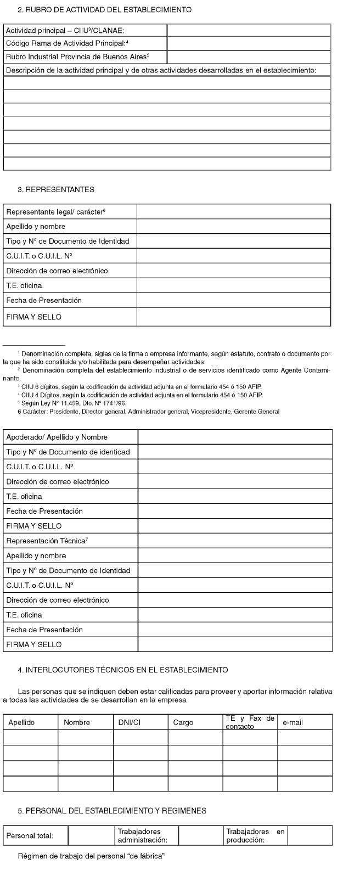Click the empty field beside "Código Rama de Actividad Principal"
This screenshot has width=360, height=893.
click(249, 43)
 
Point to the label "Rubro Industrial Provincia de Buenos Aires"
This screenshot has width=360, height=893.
click(77, 57)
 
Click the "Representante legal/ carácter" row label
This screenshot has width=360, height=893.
click(55, 212)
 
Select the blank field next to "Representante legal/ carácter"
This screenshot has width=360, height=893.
click(233, 212)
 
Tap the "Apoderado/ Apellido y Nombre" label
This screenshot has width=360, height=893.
click(57, 437)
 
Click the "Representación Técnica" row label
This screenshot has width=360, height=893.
click(47, 541)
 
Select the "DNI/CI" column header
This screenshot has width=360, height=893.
click(130, 723)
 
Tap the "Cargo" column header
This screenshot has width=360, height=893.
click(183, 723)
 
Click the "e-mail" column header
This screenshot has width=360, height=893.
click(292, 723)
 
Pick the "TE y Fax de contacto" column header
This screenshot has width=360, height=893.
click(250, 722)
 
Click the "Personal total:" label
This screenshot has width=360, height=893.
click(30, 836)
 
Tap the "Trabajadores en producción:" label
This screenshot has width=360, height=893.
click(255, 836)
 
